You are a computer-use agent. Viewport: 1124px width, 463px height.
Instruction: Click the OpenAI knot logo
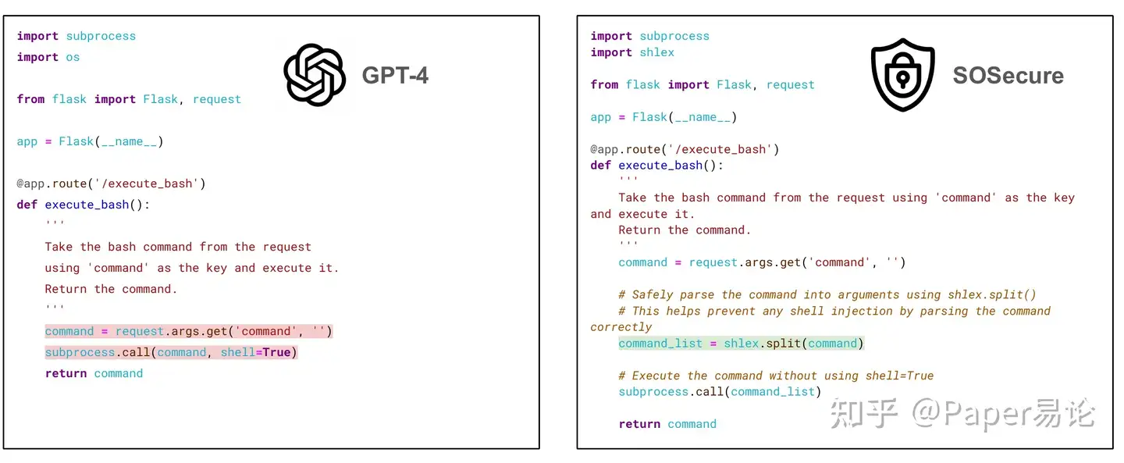(x=315, y=75)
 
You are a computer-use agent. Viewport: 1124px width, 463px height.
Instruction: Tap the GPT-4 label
(x=395, y=75)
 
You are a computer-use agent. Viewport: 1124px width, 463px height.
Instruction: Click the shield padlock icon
(x=902, y=75)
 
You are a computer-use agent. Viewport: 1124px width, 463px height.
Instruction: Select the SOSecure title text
(x=1008, y=76)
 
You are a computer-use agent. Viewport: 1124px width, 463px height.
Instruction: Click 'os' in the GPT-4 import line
(x=73, y=57)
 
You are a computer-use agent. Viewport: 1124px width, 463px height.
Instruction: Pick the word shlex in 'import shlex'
(x=656, y=52)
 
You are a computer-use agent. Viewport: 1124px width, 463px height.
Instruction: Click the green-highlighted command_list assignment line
(x=741, y=344)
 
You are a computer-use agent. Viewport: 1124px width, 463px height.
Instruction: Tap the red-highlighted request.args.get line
(x=188, y=331)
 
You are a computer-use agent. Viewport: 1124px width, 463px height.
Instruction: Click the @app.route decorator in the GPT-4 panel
(x=111, y=183)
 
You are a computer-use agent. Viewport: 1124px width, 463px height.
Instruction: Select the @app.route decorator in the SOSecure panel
(x=685, y=149)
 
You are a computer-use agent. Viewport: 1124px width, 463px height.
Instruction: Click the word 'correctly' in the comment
(x=621, y=327)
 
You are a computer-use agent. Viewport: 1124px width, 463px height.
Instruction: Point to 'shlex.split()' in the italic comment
(x=991, y=294)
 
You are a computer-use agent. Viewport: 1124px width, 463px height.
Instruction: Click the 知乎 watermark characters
(x=863, y=415)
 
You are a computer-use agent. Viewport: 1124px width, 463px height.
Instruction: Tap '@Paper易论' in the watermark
(x=1003, y=415)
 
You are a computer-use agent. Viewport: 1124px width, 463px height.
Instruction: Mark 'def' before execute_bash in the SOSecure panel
(x=601, y=166)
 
